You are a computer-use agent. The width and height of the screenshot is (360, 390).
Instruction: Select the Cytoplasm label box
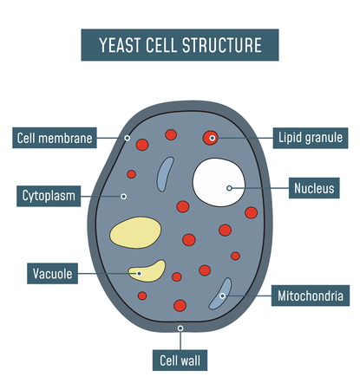point(49,196)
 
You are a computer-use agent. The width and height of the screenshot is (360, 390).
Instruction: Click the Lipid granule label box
point(311,137)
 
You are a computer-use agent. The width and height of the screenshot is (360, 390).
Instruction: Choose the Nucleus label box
point(313,187)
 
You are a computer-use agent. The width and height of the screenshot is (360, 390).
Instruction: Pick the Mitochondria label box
point(311,296)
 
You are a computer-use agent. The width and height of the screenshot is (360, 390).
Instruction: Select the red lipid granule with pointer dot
point(211,137)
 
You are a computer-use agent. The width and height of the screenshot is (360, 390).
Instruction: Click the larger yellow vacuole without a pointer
point(134,232)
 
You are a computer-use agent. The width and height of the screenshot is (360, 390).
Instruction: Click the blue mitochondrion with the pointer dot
point(220,294)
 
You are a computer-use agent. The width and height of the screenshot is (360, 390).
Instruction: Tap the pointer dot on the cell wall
point(180,328)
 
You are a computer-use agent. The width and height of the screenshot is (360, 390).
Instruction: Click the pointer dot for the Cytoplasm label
point(123,196)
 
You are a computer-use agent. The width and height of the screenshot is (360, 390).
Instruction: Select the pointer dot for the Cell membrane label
point(128,138)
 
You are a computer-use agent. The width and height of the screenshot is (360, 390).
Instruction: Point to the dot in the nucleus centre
point(229,187)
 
